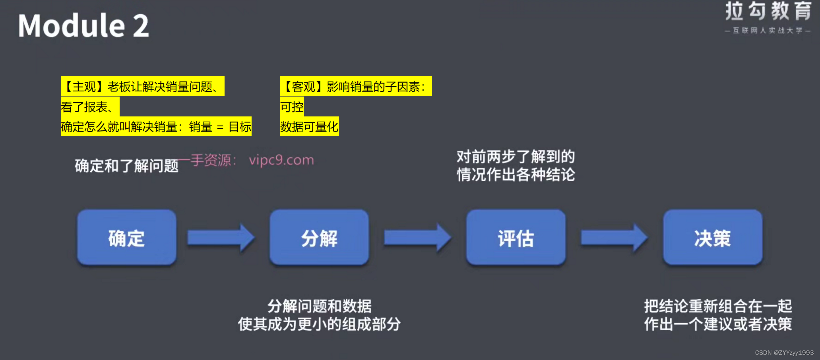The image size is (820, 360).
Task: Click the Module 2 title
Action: [83, 25]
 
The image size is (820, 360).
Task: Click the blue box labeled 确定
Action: [127, 238]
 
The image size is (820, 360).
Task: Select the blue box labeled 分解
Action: [319, 238]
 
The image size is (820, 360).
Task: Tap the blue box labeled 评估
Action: [516, 238]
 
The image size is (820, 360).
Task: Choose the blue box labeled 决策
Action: [712, 238]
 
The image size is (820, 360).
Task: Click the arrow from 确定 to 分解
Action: [221, 238]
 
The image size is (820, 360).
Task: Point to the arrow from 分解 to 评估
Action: [417, 238]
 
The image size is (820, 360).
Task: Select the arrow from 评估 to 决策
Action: [614, 238]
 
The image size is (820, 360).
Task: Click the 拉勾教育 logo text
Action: [768, 11]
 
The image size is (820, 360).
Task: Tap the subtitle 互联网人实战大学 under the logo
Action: [768, 31]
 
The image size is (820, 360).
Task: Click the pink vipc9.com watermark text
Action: [281, 160]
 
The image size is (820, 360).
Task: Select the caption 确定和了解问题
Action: [127, 166]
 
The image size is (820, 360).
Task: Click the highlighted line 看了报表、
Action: [90, 107]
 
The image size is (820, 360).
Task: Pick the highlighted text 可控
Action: [292, 107]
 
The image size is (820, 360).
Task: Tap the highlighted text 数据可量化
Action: [309, 127]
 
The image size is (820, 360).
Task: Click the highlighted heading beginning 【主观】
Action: [142, 87]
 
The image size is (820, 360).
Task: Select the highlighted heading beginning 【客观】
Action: [356, 87]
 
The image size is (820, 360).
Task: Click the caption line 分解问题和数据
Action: [319, 306]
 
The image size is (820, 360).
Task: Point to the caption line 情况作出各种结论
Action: [516, 175]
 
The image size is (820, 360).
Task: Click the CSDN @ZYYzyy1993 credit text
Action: [784, 353]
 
